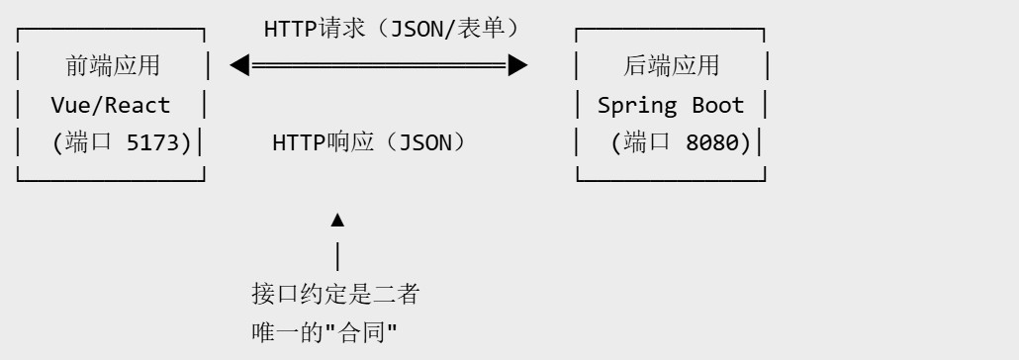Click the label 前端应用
(x=113, y=65)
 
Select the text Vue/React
(x=111, y=105)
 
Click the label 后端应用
(x=671, y=65)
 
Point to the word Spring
(x=637, y=106)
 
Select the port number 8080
(x=711, y=143)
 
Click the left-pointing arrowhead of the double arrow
(x=239, y=65)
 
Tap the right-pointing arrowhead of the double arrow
(x=518, y=65)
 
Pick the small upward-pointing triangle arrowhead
(x=337, y=221)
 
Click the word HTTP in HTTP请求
(x=291, y=29)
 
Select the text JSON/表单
(x=446, y=29)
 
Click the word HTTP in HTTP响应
(x=299, y=143)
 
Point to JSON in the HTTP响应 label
(x=424, y=143)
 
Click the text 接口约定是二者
(x=335, y=294)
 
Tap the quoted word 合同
(x=361, y=332)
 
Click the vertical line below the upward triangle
(x=337, y=256)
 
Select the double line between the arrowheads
(x=379, y=65)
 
